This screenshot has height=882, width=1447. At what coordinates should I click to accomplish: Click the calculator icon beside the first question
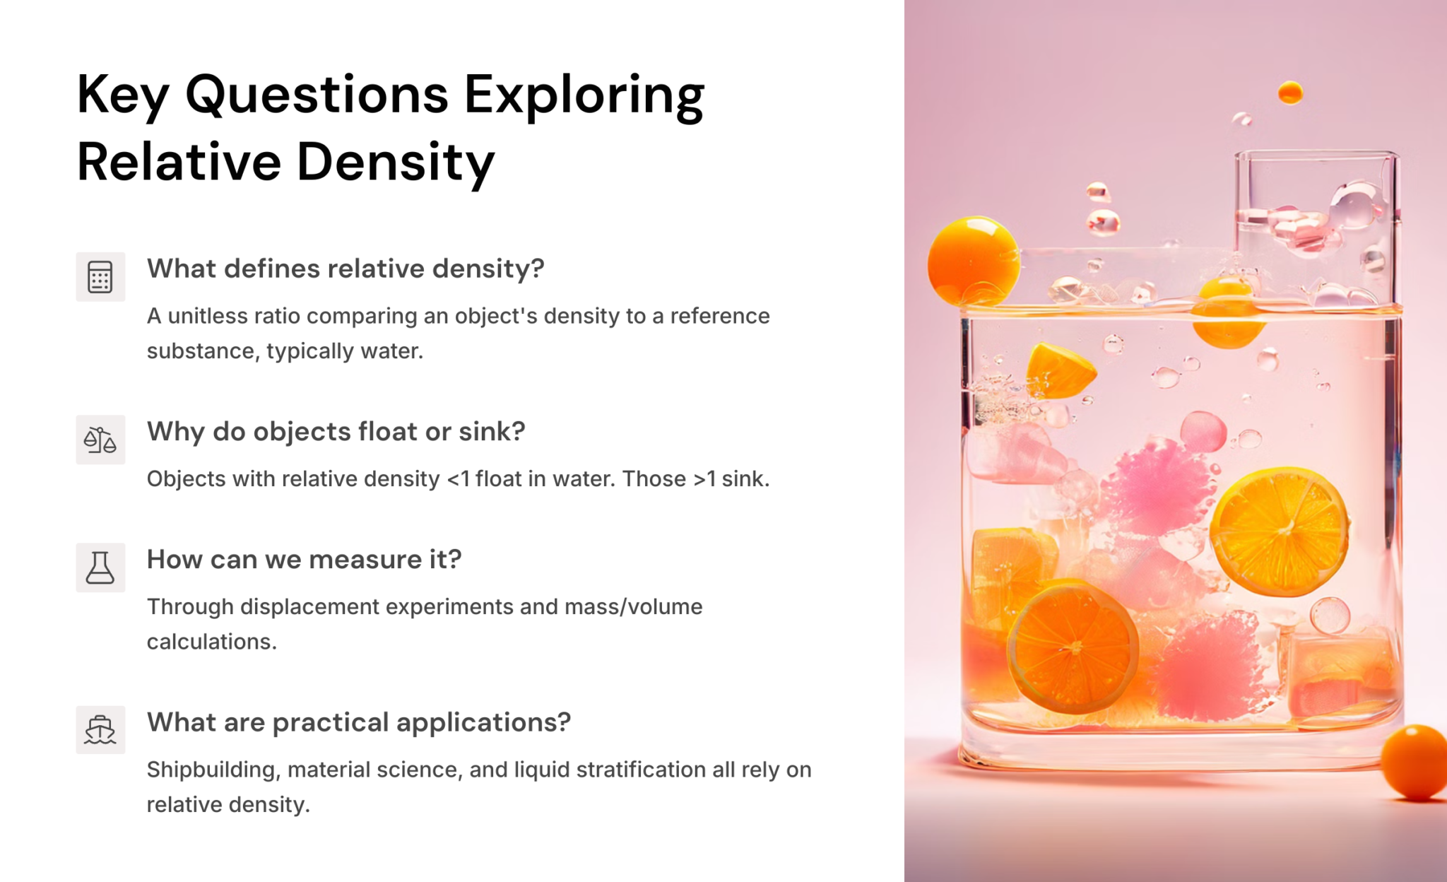coord(100,276)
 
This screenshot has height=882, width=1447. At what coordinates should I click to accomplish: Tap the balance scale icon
coord(100,440)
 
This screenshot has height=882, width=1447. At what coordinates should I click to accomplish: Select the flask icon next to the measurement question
coord(100,568)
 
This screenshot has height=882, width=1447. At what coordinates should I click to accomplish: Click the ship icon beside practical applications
coord(100,730)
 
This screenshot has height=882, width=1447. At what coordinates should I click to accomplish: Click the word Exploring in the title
coord(584,95)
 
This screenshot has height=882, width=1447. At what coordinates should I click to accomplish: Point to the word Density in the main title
coord(396,163)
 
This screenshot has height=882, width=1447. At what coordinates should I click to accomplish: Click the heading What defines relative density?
coord(345,269)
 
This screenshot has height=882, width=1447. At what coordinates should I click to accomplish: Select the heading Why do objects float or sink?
coord(336,431)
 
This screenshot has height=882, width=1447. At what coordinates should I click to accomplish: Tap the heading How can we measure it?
coord(304,559)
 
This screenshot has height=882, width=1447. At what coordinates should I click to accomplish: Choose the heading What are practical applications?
coord(358,722)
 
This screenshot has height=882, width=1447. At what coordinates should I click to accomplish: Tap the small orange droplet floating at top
coord(1290,93)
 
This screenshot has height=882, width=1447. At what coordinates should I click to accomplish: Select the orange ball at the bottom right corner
coord(1415,762)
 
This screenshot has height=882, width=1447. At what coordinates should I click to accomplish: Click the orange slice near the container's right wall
coord(1280,531)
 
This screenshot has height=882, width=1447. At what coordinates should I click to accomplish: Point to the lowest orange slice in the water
coord(1073,647)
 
